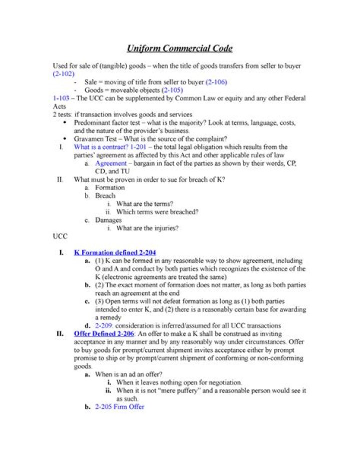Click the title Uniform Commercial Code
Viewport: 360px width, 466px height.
click(179, 49)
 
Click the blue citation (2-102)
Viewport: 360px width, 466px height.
click(63, 74)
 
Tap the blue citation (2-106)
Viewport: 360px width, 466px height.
click(216, 82)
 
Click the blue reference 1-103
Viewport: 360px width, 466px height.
click(61, 98)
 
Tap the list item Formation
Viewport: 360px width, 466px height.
click(110, 188)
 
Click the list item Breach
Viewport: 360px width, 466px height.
click(105, 196)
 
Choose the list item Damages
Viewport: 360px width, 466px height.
click(108, 220)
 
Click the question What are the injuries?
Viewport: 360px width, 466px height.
click(147, 228)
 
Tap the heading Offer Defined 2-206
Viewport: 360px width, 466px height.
click(103, 333)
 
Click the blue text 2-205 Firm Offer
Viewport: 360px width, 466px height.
click(119, 407)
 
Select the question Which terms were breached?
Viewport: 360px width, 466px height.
click(157, 212)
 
